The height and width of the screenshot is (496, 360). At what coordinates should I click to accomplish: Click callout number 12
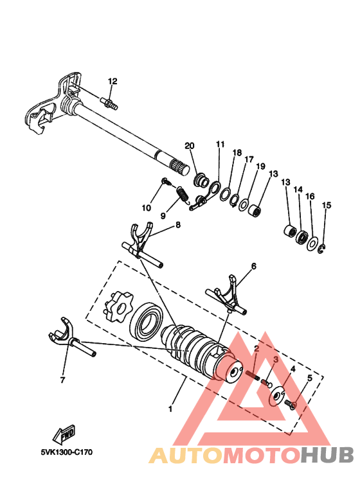[x=113, y=82]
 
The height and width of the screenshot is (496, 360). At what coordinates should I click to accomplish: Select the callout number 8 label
[x=177, y=225]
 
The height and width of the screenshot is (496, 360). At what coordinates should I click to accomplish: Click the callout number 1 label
[x=170, y=409]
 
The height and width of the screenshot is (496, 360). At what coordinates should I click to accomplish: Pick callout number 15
[x=327, y=205]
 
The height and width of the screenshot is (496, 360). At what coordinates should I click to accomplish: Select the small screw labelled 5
[x=289, y=404]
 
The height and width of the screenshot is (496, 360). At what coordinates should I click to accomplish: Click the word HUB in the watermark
[x=329, y=455]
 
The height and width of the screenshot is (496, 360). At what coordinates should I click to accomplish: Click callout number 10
[x=147, y=208]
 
